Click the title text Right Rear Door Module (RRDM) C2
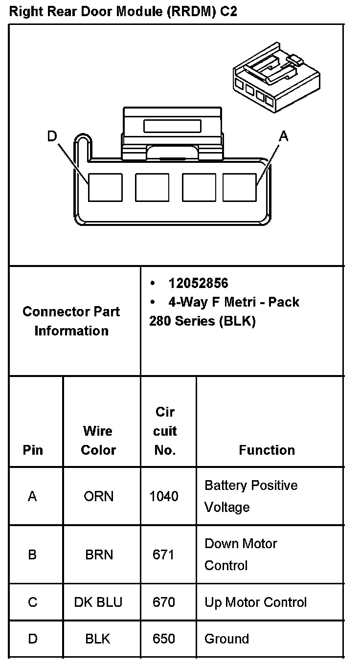[123, 12]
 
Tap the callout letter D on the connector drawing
[52, 136]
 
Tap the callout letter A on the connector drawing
[283, 136]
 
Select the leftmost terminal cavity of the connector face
[105, 187]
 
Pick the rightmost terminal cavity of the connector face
[240, 187]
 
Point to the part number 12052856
[198, 283]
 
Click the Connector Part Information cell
[71, 321]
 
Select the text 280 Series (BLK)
[202, 321]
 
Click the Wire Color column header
[98, 440]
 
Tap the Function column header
[267, 450]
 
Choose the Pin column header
[33, 450]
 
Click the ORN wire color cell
[98, 496]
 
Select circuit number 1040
[164, 496]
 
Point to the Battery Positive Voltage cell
[251, 496]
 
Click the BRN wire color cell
[99, 554]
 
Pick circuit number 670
[164, 602]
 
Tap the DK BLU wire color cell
[98, 602]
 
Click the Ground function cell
[226, 639]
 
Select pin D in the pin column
[33, 639]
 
